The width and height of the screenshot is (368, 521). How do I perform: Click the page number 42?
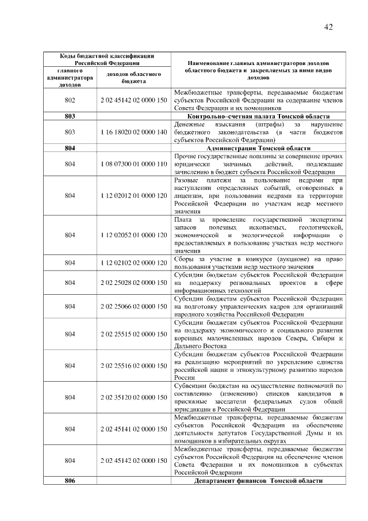click(x=329, y=27)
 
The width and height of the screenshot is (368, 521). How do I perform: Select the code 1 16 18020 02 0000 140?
click(x=133, y=132)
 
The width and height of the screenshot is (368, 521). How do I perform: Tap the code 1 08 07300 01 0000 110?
click(x=133, y=164)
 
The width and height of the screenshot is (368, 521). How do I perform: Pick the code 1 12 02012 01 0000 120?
click(x=133, y=196)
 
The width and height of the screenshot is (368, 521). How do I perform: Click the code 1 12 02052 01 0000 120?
click(x=133, y=235)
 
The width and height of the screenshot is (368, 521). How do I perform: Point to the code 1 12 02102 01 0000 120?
click(x=133, y=263)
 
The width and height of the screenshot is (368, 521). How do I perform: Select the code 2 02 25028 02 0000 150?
click(x=133, y=283)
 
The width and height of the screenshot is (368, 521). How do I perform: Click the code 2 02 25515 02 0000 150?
click(x=133, y=334)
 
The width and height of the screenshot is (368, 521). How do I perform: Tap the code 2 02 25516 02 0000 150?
click(x=133, y=366)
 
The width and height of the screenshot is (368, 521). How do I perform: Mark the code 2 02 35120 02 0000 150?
click(x=133, y=397)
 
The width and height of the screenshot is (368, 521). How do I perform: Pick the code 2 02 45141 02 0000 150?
click(x=133, y=429)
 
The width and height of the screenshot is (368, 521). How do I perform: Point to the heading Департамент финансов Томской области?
click(x=258, y=480)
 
